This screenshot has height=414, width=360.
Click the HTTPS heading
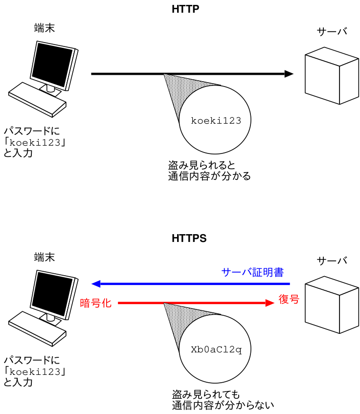pyautogui.click(x=189, y=239)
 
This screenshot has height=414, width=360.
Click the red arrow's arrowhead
pyautogui.click(x=269, y=303)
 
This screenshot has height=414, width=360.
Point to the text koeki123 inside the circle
pyautogui.click(x=216, y=121)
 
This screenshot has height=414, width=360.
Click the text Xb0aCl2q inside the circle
pyautogui.click(x=216, y=350)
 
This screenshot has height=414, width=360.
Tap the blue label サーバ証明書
pyautogui.click(x=252, y=272)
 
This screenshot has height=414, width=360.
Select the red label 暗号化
pyautogui.click(x=95, y=303)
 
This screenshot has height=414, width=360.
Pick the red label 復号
pyautogui.click(x=289, y=299)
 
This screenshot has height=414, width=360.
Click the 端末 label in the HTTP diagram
pyautogui.click(x=45, y=28)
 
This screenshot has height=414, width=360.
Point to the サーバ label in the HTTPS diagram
pyautogui.click(x=332, y=261)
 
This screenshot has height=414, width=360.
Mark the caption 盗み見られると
pyautogui.click(x=198, y=165)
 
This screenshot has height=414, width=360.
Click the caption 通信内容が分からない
pyautogui.click(x=223, y=405)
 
